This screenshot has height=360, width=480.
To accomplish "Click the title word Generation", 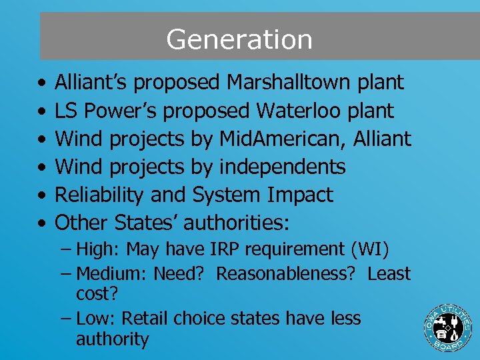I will [239, 39].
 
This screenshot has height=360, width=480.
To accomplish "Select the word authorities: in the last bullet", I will [238, 222].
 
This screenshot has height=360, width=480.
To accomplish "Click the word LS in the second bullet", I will [65, 111].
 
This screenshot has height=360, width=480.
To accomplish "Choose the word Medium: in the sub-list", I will [113, 273].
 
